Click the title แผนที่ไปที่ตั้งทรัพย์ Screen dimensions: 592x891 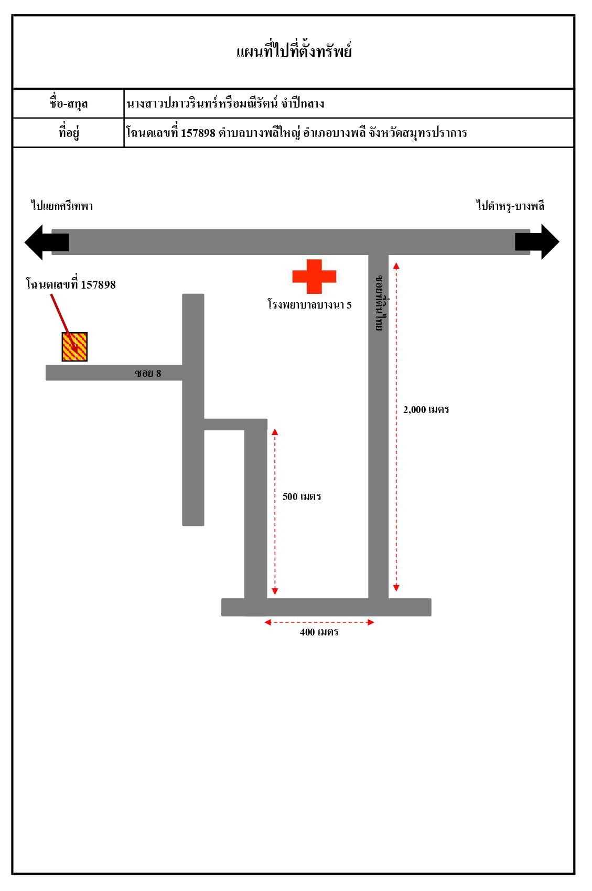(294, 50)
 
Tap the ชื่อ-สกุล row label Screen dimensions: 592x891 (69, 103)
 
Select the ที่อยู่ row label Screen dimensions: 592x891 (69, 132)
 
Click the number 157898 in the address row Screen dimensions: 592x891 (198, 133)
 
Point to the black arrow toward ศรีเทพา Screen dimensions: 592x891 (47, 242)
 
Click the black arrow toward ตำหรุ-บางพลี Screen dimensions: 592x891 (537, 242)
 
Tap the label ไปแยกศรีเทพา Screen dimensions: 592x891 (62, 206)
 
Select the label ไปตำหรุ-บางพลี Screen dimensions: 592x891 (510, 206)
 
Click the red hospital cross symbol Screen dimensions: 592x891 (314, 277)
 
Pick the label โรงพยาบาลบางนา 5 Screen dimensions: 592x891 (309, 305)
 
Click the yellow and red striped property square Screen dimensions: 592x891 (74, 346)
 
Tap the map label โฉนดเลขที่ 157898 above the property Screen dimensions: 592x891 (71, 284)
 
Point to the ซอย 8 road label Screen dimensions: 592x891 (148, 373)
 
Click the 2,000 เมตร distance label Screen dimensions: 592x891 (426, 409)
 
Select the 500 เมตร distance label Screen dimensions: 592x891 (302, 496)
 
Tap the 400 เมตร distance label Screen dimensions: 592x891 (319, 632)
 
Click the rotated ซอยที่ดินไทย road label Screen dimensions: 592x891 (380, 303)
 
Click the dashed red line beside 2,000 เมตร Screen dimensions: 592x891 (396, 427)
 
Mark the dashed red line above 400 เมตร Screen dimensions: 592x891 (319, 622)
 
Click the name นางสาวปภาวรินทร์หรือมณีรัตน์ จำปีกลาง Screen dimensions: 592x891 (225, 103)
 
